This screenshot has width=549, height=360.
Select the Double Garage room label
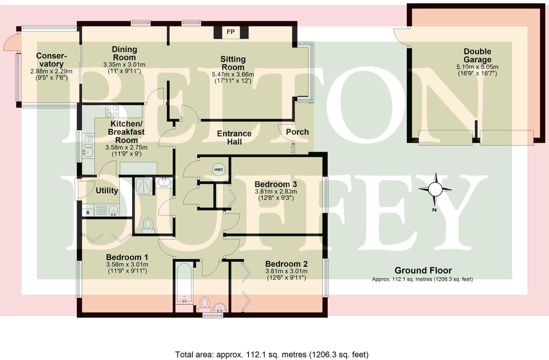pos(477,56)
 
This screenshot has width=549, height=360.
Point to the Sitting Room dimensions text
pos(233,77)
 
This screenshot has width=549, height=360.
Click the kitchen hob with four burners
pos(112,111)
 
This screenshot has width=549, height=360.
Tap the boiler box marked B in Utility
pos(88,212)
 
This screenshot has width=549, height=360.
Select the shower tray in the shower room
pos(145,186)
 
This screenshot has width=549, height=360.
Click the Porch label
pos(297,132)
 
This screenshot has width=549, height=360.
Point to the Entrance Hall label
pos(234,137)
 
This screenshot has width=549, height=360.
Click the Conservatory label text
pos(49,60)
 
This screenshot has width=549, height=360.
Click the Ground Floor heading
pos(423,271)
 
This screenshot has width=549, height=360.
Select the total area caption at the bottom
pos(272,354)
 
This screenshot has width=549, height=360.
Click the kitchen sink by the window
pos(87,152)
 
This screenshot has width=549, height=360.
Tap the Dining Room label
pos(124,53)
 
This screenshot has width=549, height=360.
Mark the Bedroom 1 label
pos(127,257)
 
